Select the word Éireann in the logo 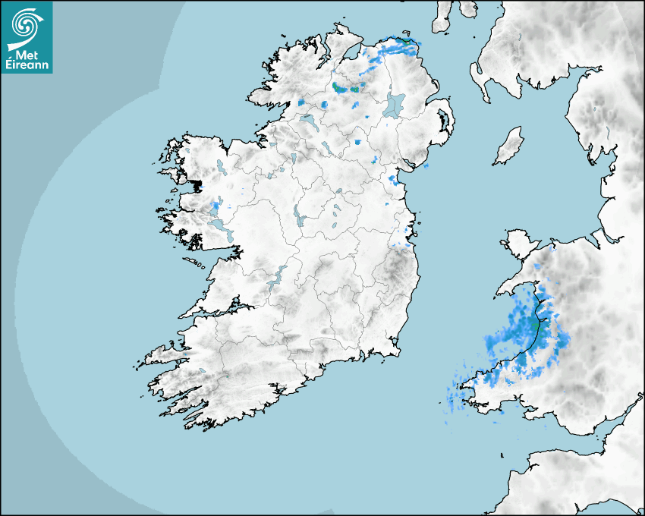tap(27, 65)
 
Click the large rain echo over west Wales tap(527, 334)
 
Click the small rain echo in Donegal tap(301, 102)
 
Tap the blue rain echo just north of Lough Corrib tap(215, 205)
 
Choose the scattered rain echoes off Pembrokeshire tap(463, 395)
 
